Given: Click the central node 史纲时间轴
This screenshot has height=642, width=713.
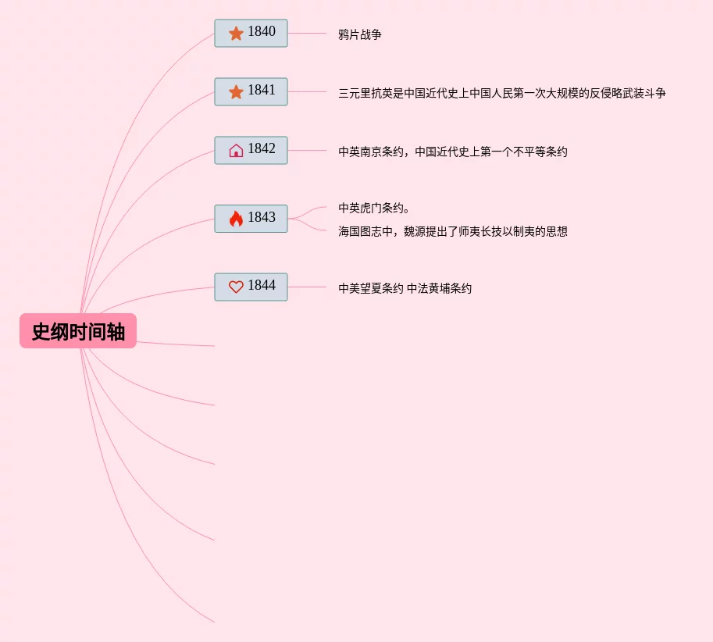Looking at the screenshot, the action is (x=78, y=331).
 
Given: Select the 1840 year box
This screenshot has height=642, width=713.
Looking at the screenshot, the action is (x=251, y=34).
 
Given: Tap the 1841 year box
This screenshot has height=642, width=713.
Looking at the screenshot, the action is (x=251, y=91).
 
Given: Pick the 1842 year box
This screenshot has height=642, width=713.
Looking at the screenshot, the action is (x=251, y=150).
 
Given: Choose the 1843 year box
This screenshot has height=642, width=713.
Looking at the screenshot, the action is (x=251, y=219).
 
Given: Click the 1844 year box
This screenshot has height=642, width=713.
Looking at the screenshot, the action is (x=251, y=287).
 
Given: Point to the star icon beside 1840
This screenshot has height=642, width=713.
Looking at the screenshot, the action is (x=236, y=34).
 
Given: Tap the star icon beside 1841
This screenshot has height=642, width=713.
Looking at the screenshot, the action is (x=236, y=92).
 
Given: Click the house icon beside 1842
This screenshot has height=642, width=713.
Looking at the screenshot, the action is (x=236, y=151).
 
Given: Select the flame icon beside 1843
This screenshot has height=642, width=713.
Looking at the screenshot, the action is (x=236, y=219).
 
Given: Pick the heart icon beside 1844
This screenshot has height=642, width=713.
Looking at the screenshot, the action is (x=236, y=287).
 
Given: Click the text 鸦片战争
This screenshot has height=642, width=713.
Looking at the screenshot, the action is (x=360, y=34).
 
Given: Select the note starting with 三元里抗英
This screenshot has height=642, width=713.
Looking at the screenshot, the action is (x=501, y=93).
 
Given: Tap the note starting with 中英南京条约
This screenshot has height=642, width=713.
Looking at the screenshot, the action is (x=452, y=152).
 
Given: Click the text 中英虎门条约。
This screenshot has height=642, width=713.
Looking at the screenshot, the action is (x=374, y=208).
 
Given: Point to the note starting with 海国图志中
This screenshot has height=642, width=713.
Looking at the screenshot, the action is (x=452, y=231).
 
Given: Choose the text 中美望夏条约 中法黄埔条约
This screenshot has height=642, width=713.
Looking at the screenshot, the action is (x=405, y=288).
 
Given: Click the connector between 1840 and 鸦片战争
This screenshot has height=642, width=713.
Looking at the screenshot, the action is (x=307, y=34).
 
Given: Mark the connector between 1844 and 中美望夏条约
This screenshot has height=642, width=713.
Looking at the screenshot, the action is (x=307, y=287).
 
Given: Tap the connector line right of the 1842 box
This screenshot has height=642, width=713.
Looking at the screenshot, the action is (x=307, y=150).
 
